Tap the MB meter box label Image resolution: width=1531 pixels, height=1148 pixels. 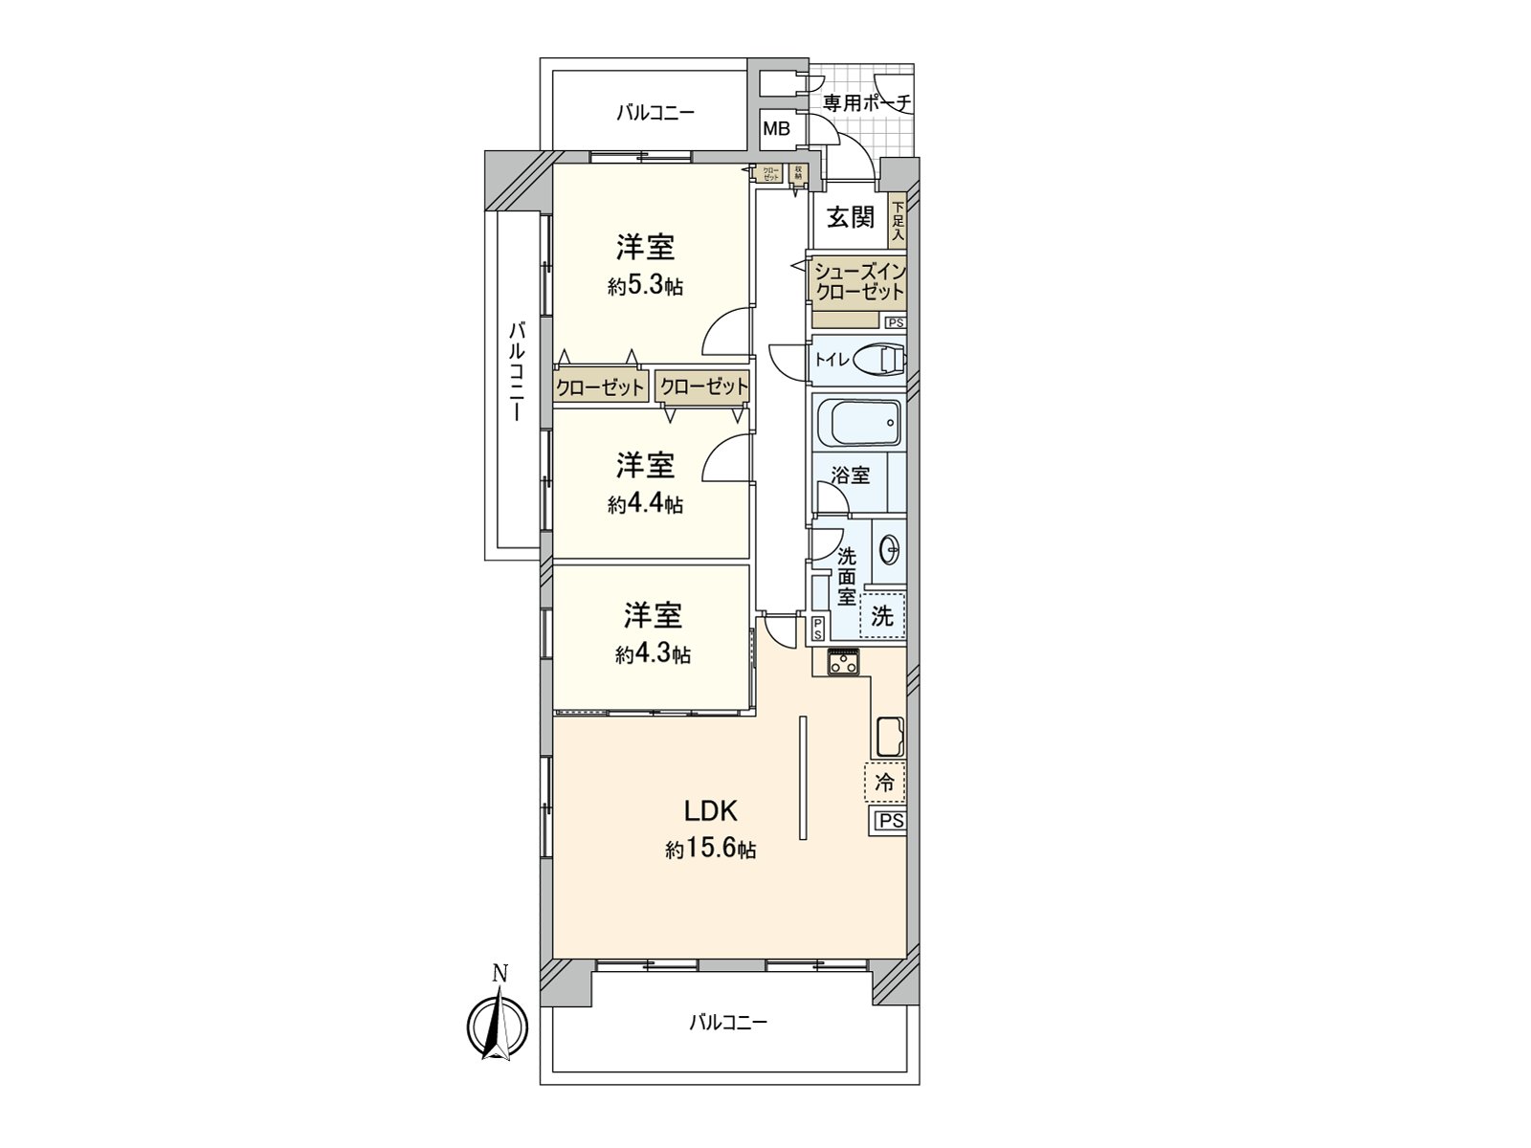pyautogui.click(x=776, y=127)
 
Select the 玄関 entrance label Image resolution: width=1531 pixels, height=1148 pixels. pyautogui.click(x=850, y=217)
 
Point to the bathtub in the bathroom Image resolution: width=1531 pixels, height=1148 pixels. pyautogui.click(x=859, y=421)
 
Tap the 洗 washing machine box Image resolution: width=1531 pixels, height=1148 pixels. pyautogui.click(x=882, y=616)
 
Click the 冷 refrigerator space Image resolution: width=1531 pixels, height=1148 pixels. pyautogui.click(x=885, y=783)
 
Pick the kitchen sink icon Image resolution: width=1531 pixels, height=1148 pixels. pyautogui.click(x=890, y=735)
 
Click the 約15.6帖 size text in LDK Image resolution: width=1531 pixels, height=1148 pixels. pyautogui.click(x=711, y=850)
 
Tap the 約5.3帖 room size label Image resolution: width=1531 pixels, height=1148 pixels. pyautogui.click(x=645, y=286)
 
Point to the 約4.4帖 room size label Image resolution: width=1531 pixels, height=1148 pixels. pyautogui.click(x=645, y=504)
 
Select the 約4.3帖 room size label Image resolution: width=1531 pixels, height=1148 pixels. pyautogui.click(x=653, y=654)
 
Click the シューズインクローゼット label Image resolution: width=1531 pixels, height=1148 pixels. pyautogui.click(x=858, y=282)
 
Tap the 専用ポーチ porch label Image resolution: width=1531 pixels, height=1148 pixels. pyautogui.click(x=866, y=103)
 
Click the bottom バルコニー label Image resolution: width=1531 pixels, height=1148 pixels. pyautogui.click(x=728, y=1023)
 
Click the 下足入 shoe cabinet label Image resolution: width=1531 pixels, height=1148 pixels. pyautogui.click(x=898, y=221)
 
